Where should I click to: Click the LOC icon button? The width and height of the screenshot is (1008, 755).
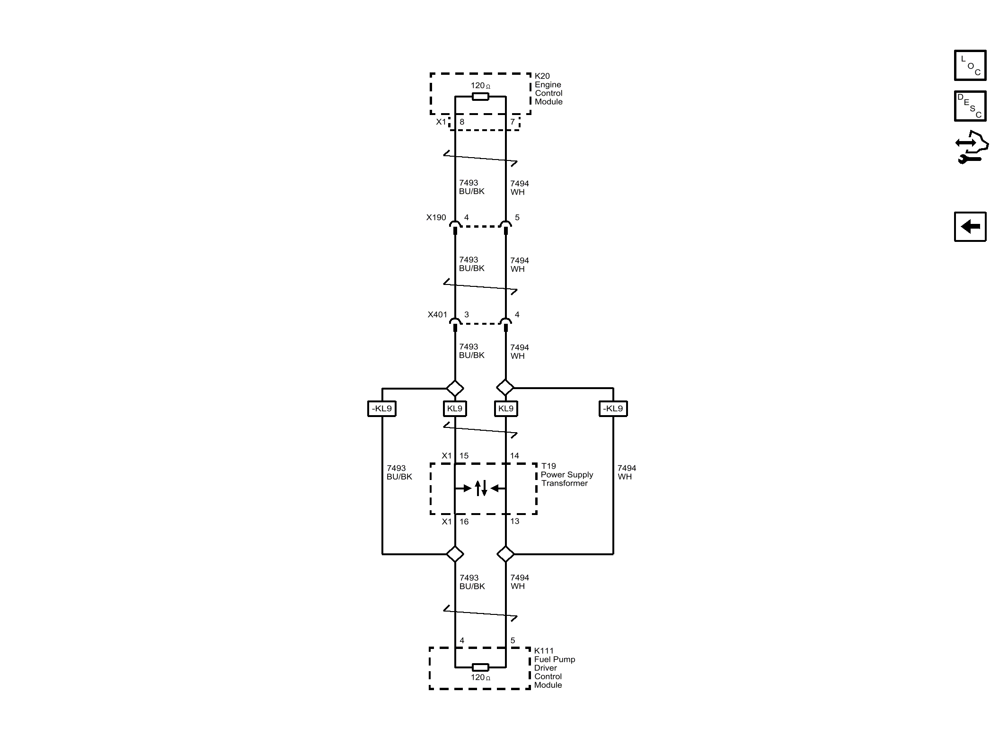pos(970,65)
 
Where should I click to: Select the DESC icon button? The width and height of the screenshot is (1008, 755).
pos(970,106)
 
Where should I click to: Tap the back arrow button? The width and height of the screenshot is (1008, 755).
pos(970,227)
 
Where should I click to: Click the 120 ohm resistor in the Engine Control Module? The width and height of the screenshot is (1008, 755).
pos(480,97)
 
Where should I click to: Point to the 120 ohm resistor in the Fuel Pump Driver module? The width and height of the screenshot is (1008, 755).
pos(480,667)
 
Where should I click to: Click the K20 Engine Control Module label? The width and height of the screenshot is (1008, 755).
pos(548,89)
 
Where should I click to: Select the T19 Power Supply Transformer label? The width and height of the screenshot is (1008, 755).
pos(567,475)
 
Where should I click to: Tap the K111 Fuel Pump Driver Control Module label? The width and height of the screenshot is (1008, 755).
pos(555,668)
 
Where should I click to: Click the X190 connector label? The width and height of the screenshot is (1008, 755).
pos(436,218)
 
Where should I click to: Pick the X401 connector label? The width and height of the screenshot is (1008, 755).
pos(437,315)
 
